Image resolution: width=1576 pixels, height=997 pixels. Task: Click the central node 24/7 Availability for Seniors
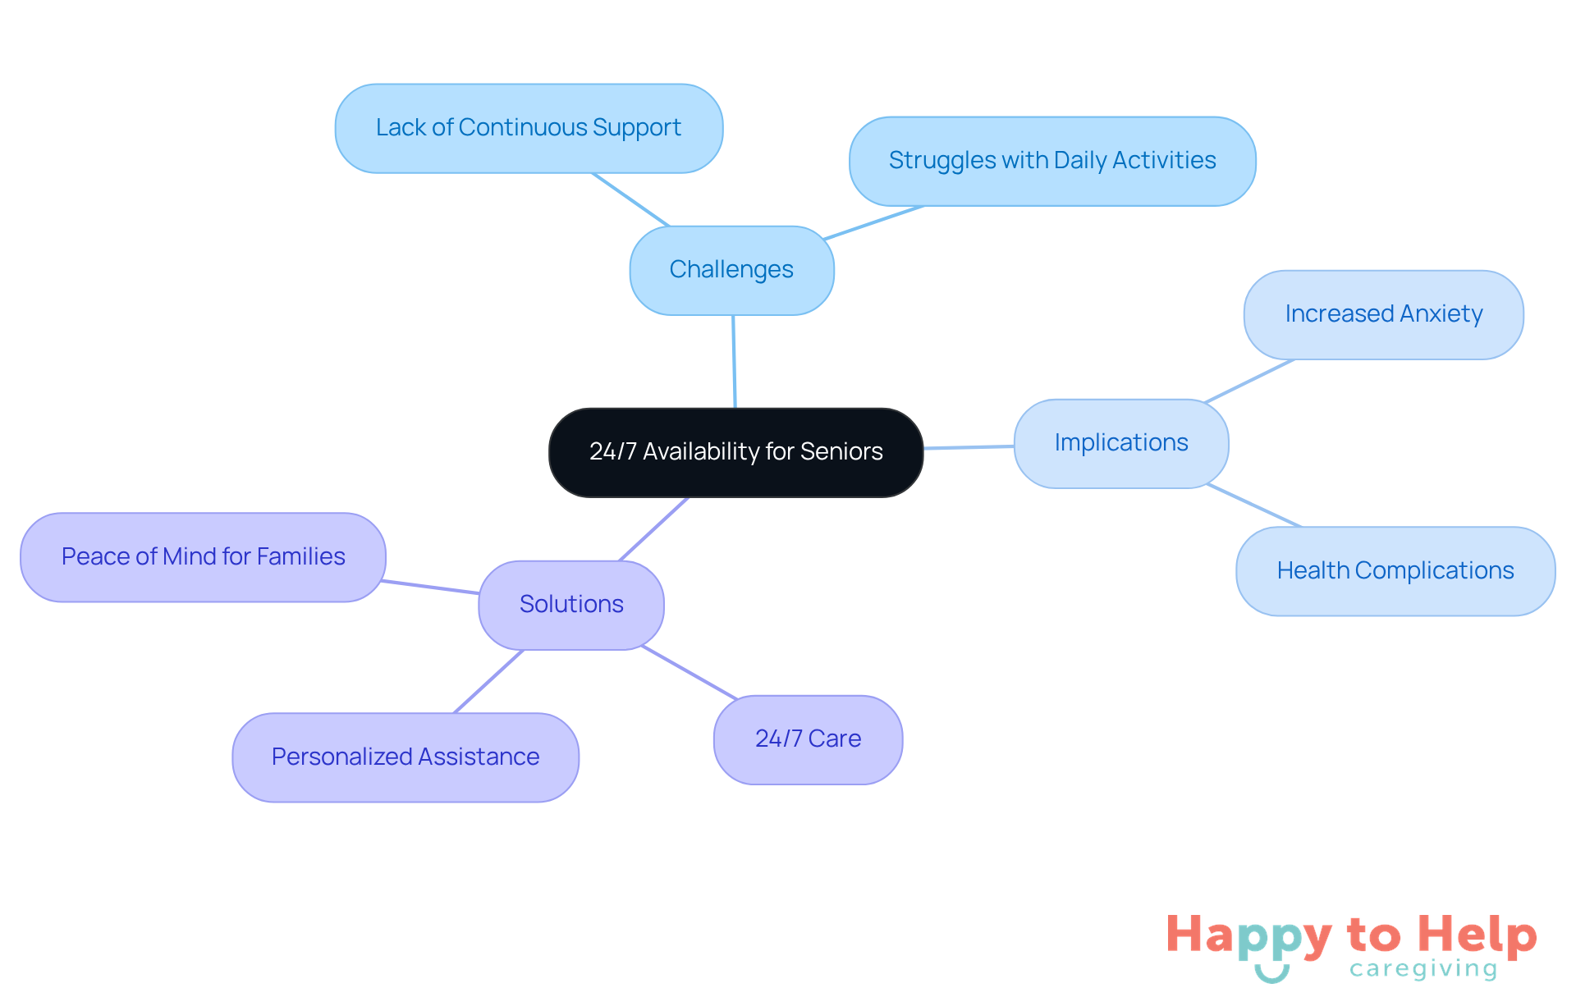[x=735, y=452]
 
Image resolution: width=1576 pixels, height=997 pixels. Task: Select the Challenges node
[x=731, y=270]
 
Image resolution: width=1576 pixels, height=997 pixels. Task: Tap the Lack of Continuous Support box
[x=529, y=128]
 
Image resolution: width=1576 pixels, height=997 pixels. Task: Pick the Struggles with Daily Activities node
[x=1052, y=161]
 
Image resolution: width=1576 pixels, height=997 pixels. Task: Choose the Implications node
[x=1121, y=443]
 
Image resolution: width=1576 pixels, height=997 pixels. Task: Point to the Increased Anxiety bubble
[x=1383, y=314]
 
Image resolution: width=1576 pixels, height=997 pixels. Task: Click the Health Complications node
[x=1395, y=571]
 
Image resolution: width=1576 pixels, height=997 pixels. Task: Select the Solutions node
[x=571, y=605]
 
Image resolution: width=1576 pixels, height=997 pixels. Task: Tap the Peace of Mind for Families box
[x=203, y=557]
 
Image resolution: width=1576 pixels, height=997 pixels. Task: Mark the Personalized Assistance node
[x=405, y=757]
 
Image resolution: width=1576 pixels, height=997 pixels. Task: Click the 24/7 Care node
[x=808, y=739]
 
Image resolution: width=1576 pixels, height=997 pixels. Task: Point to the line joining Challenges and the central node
[x=734, y=361]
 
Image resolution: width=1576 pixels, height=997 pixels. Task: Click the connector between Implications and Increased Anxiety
[x=1248, y=381]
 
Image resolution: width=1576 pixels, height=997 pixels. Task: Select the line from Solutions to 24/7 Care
[x=689, y=673]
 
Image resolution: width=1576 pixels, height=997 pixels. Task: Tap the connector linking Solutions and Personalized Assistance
[x=489, y=681]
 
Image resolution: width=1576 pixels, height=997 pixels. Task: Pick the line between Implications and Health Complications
[x=1254, y=505]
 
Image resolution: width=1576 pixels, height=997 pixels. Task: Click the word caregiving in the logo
[x=1423, y=969]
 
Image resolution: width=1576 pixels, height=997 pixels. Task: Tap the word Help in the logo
[x=1477, y=935]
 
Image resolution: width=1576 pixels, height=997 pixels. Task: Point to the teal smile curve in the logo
[x=1271, y=974]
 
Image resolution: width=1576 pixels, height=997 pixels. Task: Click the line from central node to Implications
[x=969, y=447]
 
